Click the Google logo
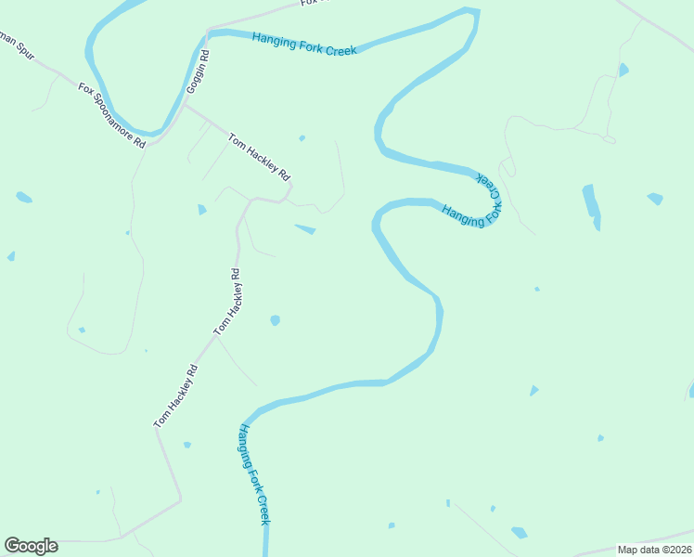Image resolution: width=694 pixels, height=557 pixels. [31, 545]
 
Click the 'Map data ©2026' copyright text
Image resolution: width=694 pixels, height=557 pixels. [654, 550]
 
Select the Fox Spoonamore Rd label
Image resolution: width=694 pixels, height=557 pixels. [112, 116]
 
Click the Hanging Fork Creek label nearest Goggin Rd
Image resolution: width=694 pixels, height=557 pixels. [303, 43]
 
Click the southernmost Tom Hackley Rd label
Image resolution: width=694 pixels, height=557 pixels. [175, 395]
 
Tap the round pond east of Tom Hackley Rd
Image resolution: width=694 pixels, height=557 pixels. [275, 320]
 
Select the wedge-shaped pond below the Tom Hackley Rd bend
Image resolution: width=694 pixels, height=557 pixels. [305, 228]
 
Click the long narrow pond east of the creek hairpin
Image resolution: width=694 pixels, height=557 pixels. [591, 206]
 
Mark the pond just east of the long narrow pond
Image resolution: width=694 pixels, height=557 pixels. [655, 199]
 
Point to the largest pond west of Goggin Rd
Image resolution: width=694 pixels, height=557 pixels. [24, 197]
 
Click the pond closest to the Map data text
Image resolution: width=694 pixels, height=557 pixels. [519, 533]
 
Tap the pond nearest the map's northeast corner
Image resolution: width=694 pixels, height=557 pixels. [623, 70]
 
